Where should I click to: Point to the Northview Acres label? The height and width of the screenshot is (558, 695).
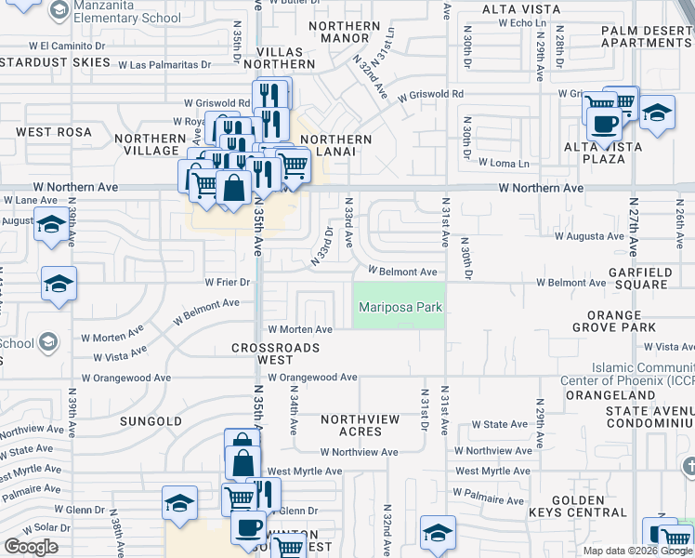pyautogui.click(x=361, y=425)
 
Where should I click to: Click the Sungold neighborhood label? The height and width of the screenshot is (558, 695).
pyautogui.click(x=151, y=421)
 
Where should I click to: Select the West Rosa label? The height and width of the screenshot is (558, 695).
pyautogui.click(x=47, y=132)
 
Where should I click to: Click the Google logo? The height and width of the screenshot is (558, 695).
pyautogui.click(x=30, y=547)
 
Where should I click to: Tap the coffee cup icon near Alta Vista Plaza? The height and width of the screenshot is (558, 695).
pyautogui.click(x=604, y=122)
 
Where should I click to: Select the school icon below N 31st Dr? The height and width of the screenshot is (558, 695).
pyautogui.click(x=438, y=532)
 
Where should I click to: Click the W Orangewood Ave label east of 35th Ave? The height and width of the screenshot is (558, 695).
pyautogui.click(x=312, y=378)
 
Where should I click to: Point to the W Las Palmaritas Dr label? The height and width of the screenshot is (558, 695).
pyautogui.click(x=164, y=64)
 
